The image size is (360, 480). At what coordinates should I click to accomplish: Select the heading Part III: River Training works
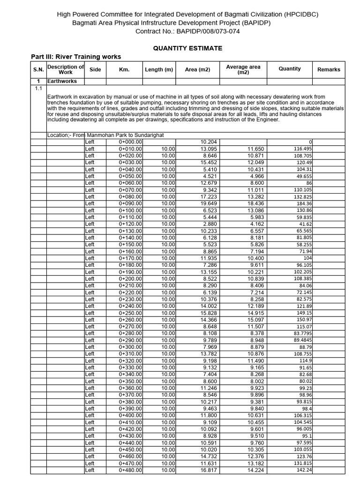(x=76, y=57)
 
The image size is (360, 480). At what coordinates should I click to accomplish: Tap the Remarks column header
(x=329, y=69)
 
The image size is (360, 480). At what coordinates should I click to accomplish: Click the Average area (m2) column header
(x=243, y=69)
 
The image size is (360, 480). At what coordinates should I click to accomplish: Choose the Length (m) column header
(x=159, y=69)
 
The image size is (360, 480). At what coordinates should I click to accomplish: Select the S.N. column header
(x=38, y=69)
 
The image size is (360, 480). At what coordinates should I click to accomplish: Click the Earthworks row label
(x=62, y=81)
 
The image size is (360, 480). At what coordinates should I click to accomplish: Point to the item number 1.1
(x=38, y=88)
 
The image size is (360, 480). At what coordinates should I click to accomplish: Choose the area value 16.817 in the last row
(x=209, y=470)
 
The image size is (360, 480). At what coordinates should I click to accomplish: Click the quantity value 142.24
(x=304, y=470)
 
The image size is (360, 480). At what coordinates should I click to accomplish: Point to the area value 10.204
(x=209, y=142)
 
